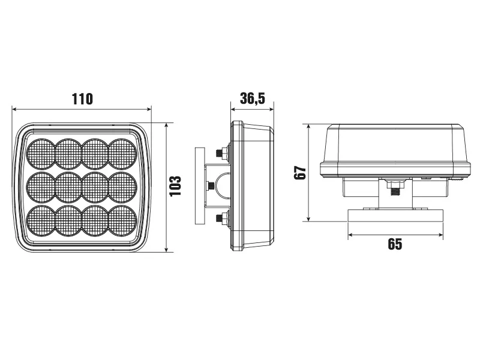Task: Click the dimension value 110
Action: tap(82, 99)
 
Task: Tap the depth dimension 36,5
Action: tap(253, 99)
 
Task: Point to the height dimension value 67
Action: tap(301, 173)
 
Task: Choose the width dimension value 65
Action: tap(395, 244)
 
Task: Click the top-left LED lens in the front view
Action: tap(41, 154)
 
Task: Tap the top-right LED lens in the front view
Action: tap(122, 154)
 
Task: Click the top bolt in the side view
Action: tap(224, 154)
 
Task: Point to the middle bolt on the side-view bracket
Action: tap(211, 186)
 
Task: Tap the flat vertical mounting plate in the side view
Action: tap(199, 186)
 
